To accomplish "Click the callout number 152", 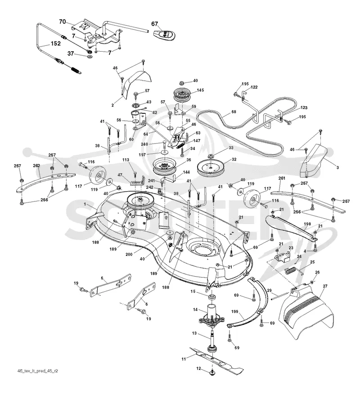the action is click(55, 44).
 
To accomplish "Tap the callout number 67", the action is click(154, 24).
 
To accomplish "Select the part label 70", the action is click(63, 22).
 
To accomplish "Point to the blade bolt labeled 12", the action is click(212, 372).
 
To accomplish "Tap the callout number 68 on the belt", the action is click(234, 112).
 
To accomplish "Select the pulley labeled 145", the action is click(181, 95).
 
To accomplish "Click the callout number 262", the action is click(37, 166).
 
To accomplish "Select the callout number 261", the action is click(282, 178).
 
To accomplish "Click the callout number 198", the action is click(307, 224).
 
